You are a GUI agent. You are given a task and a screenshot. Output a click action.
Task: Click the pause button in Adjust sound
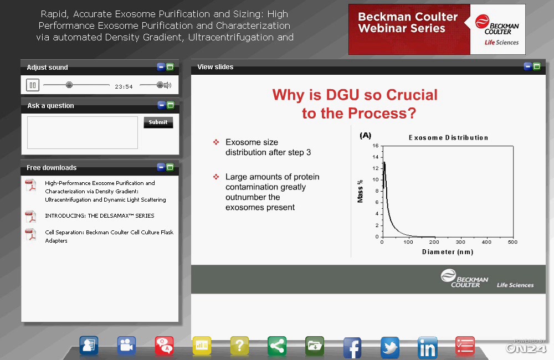[33, 85]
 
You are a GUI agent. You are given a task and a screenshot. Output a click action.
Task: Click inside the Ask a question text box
[83, 132]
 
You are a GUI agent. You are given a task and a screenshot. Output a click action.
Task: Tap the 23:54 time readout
[124, 86]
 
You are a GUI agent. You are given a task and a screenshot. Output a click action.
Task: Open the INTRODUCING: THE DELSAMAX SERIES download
[100, 215]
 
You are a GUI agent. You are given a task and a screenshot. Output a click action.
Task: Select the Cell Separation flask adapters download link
[109, 236]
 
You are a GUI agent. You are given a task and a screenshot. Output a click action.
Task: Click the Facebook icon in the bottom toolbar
[352, 347]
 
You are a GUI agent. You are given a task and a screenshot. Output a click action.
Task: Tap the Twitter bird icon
[390, 347]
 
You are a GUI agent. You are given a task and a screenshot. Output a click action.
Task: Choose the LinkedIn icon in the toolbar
[428, 347]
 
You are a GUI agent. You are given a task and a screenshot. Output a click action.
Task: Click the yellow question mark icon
[239, 346]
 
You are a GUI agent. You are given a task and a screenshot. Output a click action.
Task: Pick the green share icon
[277, 346]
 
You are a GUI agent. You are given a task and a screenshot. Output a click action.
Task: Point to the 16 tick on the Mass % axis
[375, 146]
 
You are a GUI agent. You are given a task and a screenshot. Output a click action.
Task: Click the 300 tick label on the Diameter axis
[460, 242]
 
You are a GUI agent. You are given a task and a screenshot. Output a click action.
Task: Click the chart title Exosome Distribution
[448, 138]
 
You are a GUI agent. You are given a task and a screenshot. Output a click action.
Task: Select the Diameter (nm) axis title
[448, 252]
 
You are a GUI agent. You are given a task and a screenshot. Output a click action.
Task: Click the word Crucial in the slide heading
[412, 95]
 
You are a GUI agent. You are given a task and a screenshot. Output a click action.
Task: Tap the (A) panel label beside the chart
[365, 135]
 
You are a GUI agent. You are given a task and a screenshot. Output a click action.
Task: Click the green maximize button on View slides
[537, 66]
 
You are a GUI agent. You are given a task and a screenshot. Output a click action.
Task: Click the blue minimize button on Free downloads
[161, 167]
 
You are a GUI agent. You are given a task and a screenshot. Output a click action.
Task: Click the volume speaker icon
[167, 85]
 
